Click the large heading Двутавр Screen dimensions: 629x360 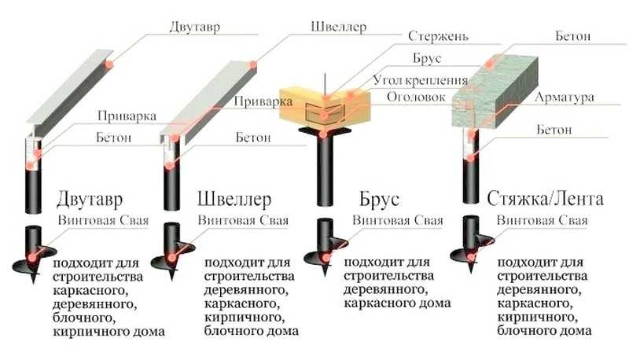click(90, 199)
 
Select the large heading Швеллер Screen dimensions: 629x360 click(234, 199)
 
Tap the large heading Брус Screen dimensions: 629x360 click(379, 199)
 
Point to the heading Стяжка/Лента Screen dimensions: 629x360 click(545, 198)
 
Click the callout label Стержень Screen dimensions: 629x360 click(438, 36)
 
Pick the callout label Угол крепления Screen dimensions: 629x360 click(421, 80)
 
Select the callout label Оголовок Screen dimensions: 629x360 click(416, 97)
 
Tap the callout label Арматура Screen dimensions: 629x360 click(565, 97)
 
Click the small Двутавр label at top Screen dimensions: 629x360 click(194, 28)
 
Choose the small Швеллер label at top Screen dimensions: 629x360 click(338, 27)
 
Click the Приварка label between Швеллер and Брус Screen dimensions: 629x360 click(263, 101)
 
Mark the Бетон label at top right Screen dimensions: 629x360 click(573, 36)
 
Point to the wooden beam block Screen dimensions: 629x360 click(325, 106)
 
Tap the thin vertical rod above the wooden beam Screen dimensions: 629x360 click(326, 85)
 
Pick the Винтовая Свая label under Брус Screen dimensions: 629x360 click(398, 220)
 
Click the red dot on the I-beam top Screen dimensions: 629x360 click(109, 64)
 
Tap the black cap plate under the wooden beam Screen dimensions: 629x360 click(324, 130)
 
